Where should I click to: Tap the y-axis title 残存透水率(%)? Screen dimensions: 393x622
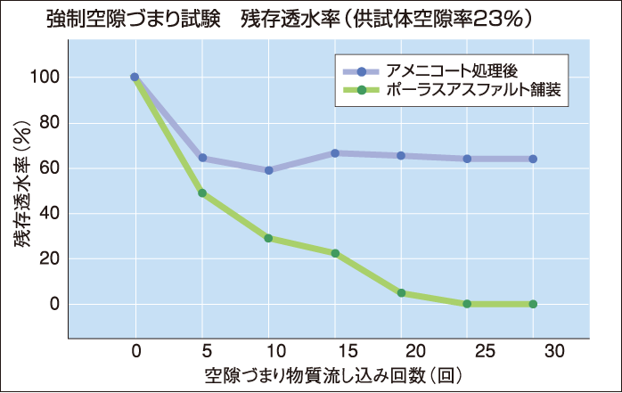point(20,191)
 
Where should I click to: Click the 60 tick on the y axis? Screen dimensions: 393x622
point(48,168)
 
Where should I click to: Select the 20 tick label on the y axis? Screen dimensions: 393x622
point(48,259)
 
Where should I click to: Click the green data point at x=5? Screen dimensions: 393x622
point(202,192)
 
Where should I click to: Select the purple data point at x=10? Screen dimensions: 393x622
point(268,170)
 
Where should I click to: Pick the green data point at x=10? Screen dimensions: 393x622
point(268,238)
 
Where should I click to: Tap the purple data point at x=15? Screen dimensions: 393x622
point(335,153)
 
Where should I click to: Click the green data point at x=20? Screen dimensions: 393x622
point(401,293)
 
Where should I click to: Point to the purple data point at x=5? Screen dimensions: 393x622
point(202,158)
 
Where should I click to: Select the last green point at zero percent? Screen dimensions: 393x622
point(533,304)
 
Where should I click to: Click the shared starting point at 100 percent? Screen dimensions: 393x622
point(135,78)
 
